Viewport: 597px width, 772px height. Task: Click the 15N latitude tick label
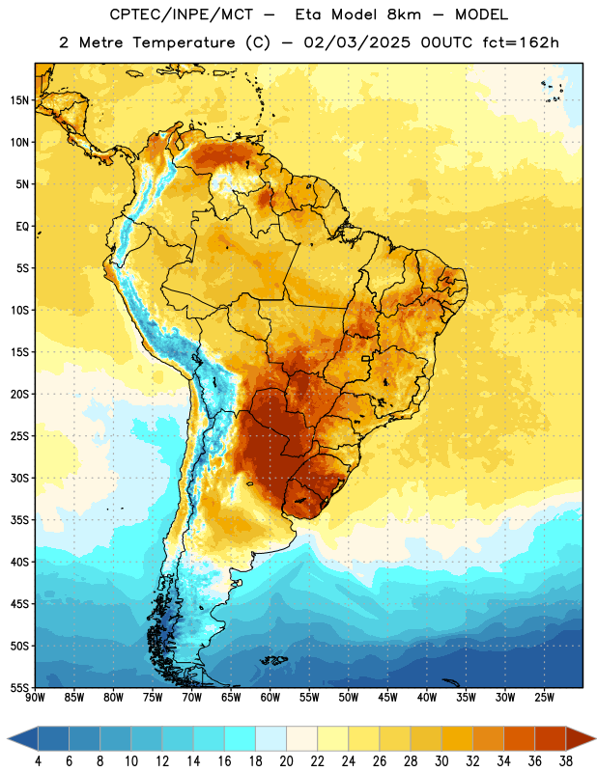[x=19, y=100]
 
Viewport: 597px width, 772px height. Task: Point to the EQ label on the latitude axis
[x=22, y=227]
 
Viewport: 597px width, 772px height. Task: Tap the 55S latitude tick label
[x=19, y=687]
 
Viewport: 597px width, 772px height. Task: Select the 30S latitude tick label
[x=19, y=478]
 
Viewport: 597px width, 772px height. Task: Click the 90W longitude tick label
[x=35, y=698]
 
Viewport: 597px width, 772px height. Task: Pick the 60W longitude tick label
[x=270, y=698]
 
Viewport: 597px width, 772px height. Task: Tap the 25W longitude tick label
[x=544, y=698]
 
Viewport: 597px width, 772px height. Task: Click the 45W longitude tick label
[x=387, y=698]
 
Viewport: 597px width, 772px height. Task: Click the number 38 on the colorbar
[x=566, y=761]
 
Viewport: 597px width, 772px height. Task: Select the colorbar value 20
[x=286, y=761]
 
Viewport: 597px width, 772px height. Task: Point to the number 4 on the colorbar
[x=38, y=761]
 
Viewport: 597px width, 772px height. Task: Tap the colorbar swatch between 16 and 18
[x=241, y=739]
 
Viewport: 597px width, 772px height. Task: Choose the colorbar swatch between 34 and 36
[x=520, y=739]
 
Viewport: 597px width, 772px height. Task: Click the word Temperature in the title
[x=184, y=42]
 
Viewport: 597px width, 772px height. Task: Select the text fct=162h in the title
[x=521, y=42]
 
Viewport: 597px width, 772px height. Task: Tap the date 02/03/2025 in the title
[x=356, y=42]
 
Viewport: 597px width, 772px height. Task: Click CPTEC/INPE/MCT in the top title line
[x=181, y=14]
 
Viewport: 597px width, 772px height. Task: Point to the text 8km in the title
[x=404, y=14]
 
